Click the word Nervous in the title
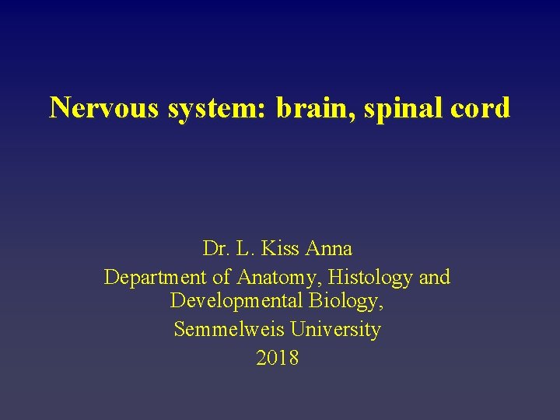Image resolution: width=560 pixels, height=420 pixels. coord(105,107)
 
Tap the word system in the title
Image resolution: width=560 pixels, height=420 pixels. coord(215,107)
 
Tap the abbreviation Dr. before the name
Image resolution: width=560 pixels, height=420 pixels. coord(214,249)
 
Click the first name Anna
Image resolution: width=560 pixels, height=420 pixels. coord(329,249)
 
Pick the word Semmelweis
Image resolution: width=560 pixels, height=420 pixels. coord(230,330)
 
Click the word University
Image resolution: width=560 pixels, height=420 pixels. coord(336,330)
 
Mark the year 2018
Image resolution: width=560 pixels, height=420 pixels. coord(277,358)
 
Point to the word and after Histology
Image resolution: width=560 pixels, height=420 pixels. coord(434,277)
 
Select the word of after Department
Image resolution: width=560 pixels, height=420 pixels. coord(222,277)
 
